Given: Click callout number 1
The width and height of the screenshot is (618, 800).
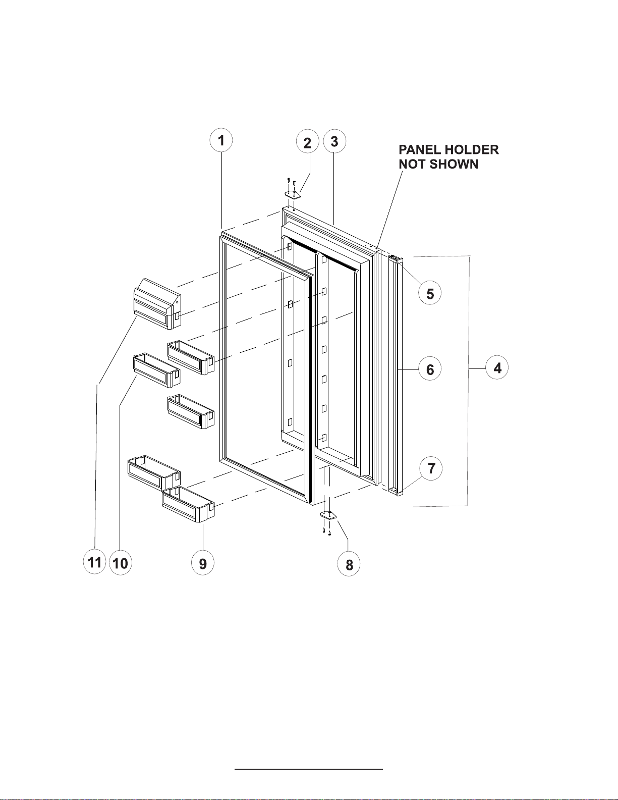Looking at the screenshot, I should [221, 140].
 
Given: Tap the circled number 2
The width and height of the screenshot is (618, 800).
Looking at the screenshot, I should [307, 143].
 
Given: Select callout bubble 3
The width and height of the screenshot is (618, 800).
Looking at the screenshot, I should [334, 141].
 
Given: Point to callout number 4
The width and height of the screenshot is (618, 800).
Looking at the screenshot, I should [497, 368].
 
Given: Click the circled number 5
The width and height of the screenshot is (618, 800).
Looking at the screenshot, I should [430, 294].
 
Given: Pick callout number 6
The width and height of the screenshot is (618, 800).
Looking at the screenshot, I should [430, 369].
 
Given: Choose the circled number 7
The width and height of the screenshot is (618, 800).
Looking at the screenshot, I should [431, 468].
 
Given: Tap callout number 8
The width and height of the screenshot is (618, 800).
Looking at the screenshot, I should [349, 565].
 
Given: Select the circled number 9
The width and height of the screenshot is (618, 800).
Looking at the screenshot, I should [203, 563].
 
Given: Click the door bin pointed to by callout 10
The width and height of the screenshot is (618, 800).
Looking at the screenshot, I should [156, 370].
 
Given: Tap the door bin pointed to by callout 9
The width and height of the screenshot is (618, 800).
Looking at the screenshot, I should [188, 505].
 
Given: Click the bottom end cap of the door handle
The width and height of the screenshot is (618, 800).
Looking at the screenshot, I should [399, 491].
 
